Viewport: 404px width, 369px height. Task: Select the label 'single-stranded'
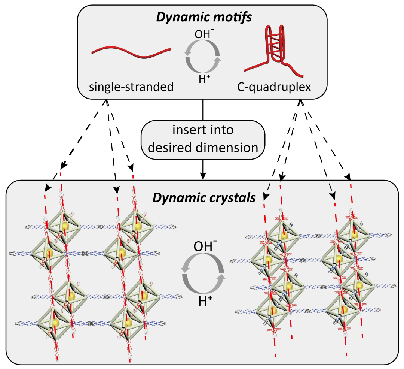tap(131, 87)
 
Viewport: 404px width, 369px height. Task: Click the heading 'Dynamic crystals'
tap(204, 197)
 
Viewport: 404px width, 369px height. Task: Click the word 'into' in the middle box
tap(220, 130)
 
